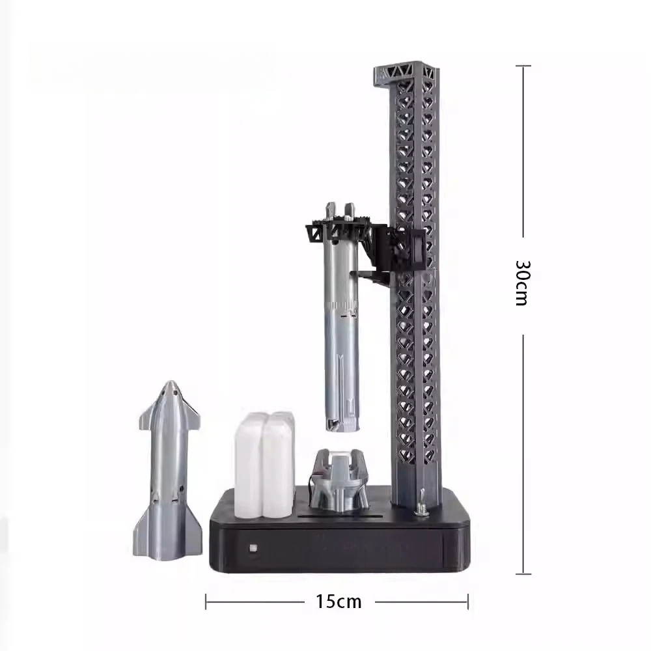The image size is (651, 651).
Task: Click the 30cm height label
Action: pyautogui.click(x=525, y=283)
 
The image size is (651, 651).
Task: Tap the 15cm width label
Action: pyautogui.click(x=339, y=601)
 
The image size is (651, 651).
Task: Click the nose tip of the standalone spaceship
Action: pyautogui.click(x=170, y=384)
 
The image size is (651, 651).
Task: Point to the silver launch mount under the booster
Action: pyautogui.click(x=339, y=482)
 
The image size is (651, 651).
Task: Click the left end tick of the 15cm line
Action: pyautogui.click(x=206, y=602)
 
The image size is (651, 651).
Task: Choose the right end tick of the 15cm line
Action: pyautogui.click(x=467, y=602)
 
